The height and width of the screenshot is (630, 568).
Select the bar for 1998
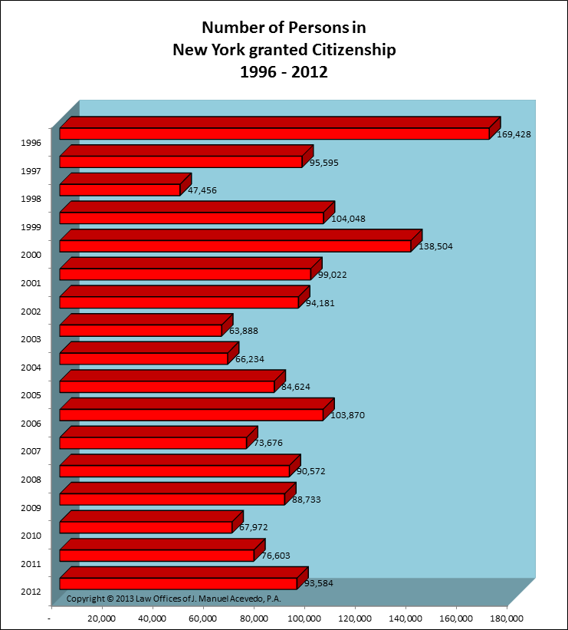120,190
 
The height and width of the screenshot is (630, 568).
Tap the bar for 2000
235,246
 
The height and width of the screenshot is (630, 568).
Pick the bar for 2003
140,330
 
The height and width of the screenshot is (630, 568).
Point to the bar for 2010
146,527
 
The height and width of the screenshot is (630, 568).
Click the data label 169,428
513,134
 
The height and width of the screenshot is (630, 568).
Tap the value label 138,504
438,247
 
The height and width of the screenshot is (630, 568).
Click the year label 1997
32,170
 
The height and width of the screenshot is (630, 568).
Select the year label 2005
32,395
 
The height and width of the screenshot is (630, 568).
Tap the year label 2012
32,592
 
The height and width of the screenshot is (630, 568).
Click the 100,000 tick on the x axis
304,618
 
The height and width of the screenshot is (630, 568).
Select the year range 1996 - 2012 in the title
284,74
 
